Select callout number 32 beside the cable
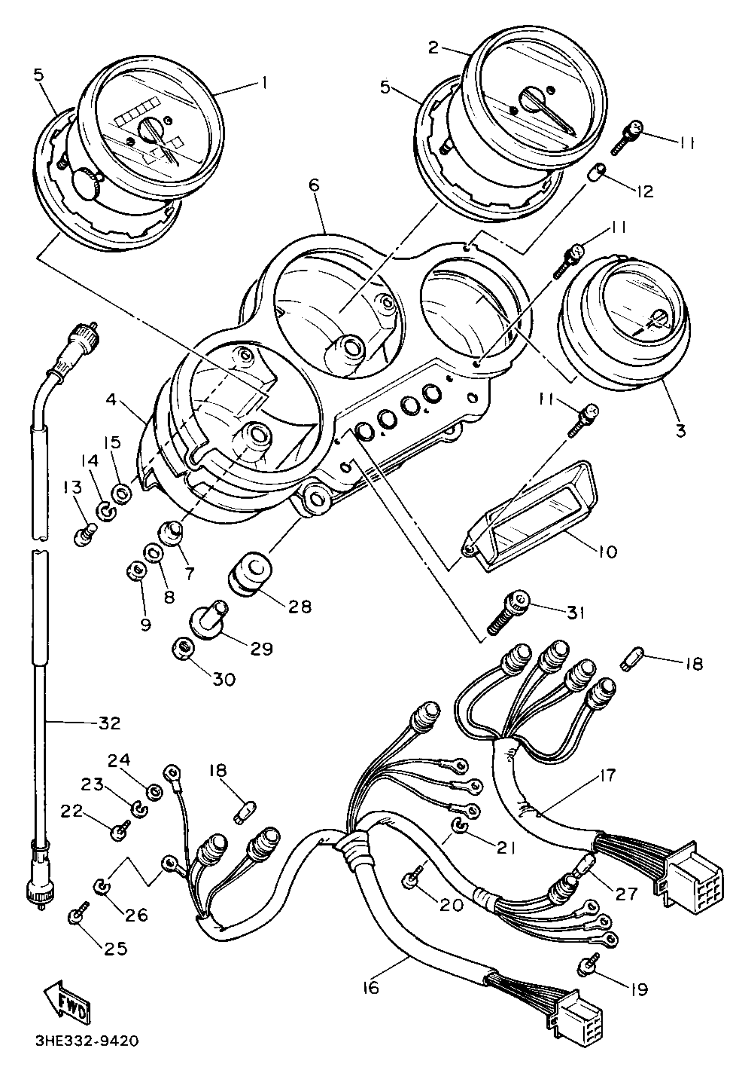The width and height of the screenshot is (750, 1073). pyautogui.click(x=109, y=723)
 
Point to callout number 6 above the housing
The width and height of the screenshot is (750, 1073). pyautogui.click(x=314, y=185)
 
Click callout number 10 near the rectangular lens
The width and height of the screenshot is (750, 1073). pyautogui.click(x=607, y=551)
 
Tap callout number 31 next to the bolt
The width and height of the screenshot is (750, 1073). pyautogui.click(x=575, y=612)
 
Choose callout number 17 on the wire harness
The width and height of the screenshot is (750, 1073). pyautogui.click(x=607, y=776)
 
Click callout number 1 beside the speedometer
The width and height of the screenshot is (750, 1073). pyautogui.click(x=264, y=83)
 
